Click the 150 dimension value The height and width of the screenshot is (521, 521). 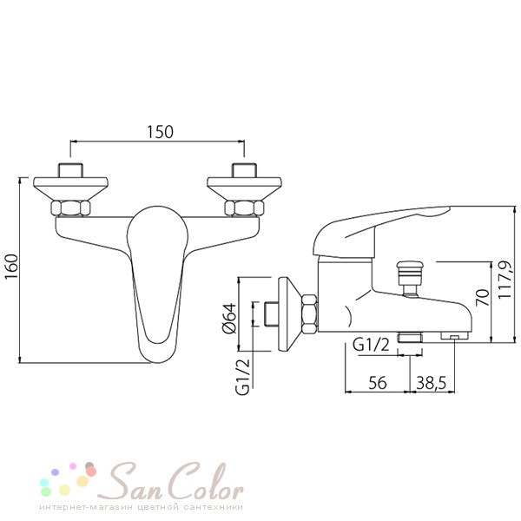(160, 132)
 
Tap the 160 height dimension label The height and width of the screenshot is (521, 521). (11, 267)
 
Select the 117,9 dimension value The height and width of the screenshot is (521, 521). (504, 280)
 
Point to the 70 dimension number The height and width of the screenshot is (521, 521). (483, 297)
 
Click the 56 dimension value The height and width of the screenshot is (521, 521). (378, 383)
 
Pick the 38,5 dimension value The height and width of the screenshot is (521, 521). (431, 383)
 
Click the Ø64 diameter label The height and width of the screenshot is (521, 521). (229, 318)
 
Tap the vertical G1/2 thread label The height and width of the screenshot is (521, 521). (242, 378)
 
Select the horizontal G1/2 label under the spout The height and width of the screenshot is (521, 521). (371, 346)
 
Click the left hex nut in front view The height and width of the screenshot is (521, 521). (70, 208)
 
